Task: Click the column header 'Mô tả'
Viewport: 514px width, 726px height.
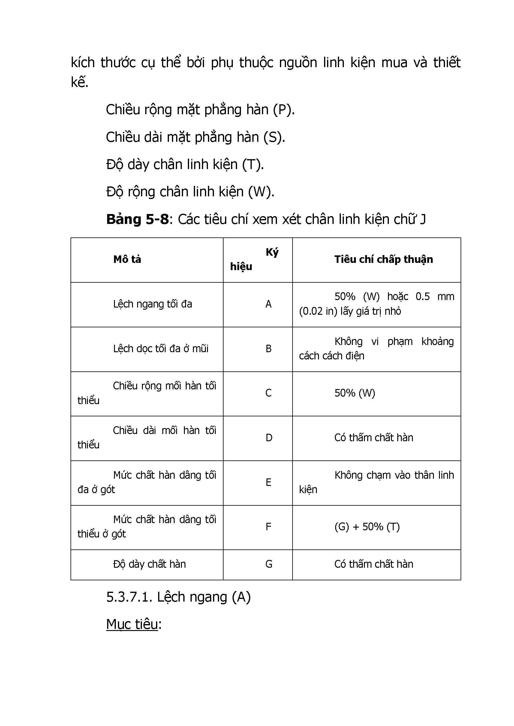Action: (x=127, y=259)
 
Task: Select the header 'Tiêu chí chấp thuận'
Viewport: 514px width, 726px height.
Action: (x=383, y=259)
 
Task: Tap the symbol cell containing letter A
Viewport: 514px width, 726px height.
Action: (x=268, y=304)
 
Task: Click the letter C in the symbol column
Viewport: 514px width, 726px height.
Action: (x=268, y=393)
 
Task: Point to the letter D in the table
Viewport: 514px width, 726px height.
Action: (x=269, y=438)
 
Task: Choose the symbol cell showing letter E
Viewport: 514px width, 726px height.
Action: (x=268, y=482)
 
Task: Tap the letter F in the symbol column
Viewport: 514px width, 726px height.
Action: (x=268, y=527)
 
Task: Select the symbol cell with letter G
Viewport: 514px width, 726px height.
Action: (x=269, y=564)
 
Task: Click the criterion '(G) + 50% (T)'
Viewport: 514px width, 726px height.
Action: (x=367, y=527)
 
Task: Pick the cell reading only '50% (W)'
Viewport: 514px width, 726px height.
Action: (x=354, y=393)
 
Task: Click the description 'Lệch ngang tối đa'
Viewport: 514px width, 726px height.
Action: (x=152, y=304)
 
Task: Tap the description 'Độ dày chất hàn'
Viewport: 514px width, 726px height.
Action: (x=149, y=564)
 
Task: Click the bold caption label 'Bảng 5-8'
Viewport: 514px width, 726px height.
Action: (x=137, y=219)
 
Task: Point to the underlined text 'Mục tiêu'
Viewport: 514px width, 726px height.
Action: (x=132, y=624)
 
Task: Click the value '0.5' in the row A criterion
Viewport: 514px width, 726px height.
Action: (x=422, y=296)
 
